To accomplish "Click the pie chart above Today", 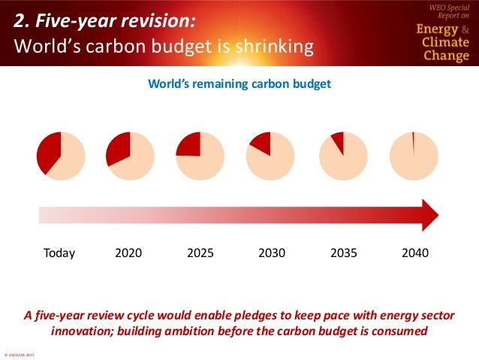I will point(61,155).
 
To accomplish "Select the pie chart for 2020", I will point(131,156).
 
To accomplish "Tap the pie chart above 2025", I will point(200,156).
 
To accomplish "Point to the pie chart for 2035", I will point(343,156).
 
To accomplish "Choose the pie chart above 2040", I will point(414,156).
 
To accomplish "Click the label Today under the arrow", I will point(60,253).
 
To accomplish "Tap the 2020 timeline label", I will point(128,253).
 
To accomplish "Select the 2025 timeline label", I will point(200,253).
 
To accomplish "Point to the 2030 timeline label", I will point(272,253).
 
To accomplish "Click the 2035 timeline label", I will point(344,253).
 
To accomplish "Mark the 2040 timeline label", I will point(415,253).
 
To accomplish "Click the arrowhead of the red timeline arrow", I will point(429,216).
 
